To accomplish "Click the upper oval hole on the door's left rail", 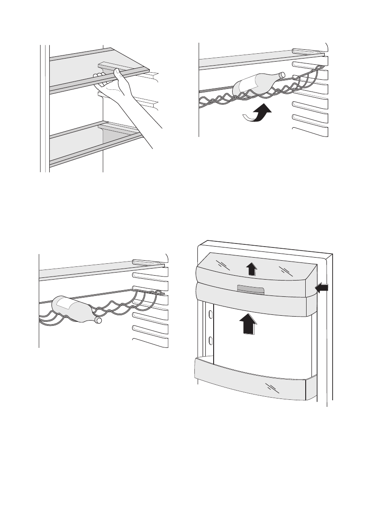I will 210,314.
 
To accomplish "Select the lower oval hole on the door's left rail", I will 210,340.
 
